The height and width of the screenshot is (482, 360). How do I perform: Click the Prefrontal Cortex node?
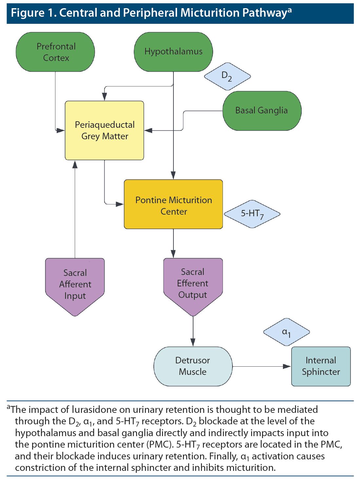(x=55, y=52)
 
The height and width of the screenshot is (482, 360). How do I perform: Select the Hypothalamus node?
(x=173, y=52)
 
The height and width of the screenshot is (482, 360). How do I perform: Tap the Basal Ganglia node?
(x=262, y=111)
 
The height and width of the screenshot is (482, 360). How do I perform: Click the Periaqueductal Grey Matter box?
(x=105, y=130)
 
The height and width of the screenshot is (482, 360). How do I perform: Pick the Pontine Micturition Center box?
(x=173, y=204)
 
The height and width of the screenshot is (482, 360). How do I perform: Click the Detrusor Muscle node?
(x=193, y=366)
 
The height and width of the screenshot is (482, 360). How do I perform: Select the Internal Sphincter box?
(x=321, y=366)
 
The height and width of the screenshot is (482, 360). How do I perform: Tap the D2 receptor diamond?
(x=227, y=76)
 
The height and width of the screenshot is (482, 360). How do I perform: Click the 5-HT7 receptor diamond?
(x=252, y=214)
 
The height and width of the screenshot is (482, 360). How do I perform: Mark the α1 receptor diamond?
(x=287, y=332)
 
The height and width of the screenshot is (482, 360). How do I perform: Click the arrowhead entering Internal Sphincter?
(x=287, y=366)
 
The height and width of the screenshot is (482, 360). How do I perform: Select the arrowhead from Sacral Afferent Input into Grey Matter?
(x=75, y=164)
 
